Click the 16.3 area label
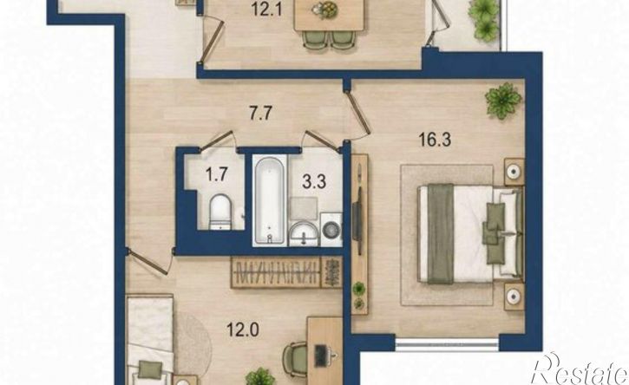tap(435, 140)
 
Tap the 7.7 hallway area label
tap(261, 113)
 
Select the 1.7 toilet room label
tap(217, 175)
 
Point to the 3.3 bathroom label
tap(314, 181)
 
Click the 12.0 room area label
tap(243, 330)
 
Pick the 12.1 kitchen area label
tap(267, 10)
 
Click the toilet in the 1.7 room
tap(220, 212)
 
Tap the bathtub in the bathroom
tap(270, 200)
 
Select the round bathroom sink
tap(304, 233)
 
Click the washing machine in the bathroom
tap(331, 230)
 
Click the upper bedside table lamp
tap(514, 172)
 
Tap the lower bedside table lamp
tap(514, 297)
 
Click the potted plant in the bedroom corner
tap(503, 101)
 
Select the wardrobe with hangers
tap(286, 272)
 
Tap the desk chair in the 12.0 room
tap(295, 359)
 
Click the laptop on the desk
tap(321, 356)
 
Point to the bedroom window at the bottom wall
tap(447, 344)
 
